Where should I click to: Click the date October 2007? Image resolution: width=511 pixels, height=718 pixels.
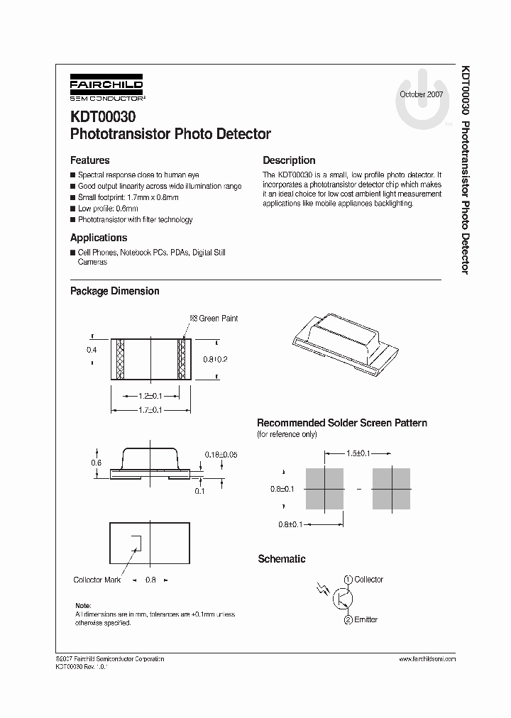(421, 94)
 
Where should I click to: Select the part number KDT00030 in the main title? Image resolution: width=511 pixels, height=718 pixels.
(102, 116)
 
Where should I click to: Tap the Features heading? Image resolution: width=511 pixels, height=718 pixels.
(89, 160)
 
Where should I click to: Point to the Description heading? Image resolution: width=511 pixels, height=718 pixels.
(289, 160)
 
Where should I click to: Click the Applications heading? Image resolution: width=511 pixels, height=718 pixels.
(99, 238)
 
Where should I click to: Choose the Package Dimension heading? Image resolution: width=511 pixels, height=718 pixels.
(114, 291)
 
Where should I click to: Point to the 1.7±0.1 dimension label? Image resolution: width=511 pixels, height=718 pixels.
(150, 410)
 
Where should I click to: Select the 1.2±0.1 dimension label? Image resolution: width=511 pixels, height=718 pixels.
(150, 396)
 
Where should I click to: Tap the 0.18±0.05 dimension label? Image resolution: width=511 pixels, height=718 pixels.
(221, 454)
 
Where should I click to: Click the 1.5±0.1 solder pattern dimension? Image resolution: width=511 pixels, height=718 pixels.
(358, 453)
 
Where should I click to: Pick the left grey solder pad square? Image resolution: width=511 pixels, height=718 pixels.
(324, 489)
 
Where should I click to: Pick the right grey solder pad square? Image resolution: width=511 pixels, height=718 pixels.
(392, 489)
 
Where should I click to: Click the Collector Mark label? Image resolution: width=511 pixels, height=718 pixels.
(97, 580)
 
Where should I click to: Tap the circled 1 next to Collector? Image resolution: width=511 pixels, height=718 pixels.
(348, 580)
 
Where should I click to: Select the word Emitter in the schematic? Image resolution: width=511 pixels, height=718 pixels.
(366, 619)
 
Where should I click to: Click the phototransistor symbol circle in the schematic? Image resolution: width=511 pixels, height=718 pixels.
(344, 600)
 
